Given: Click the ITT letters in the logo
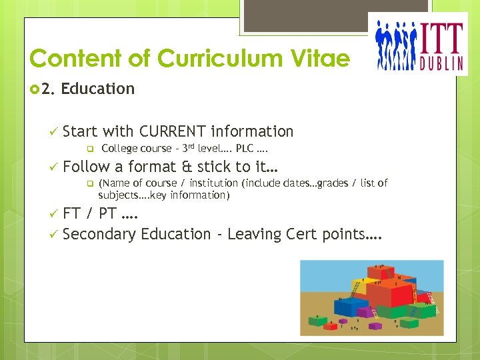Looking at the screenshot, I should pos(441,39).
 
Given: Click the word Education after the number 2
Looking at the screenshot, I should pos(98,89).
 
